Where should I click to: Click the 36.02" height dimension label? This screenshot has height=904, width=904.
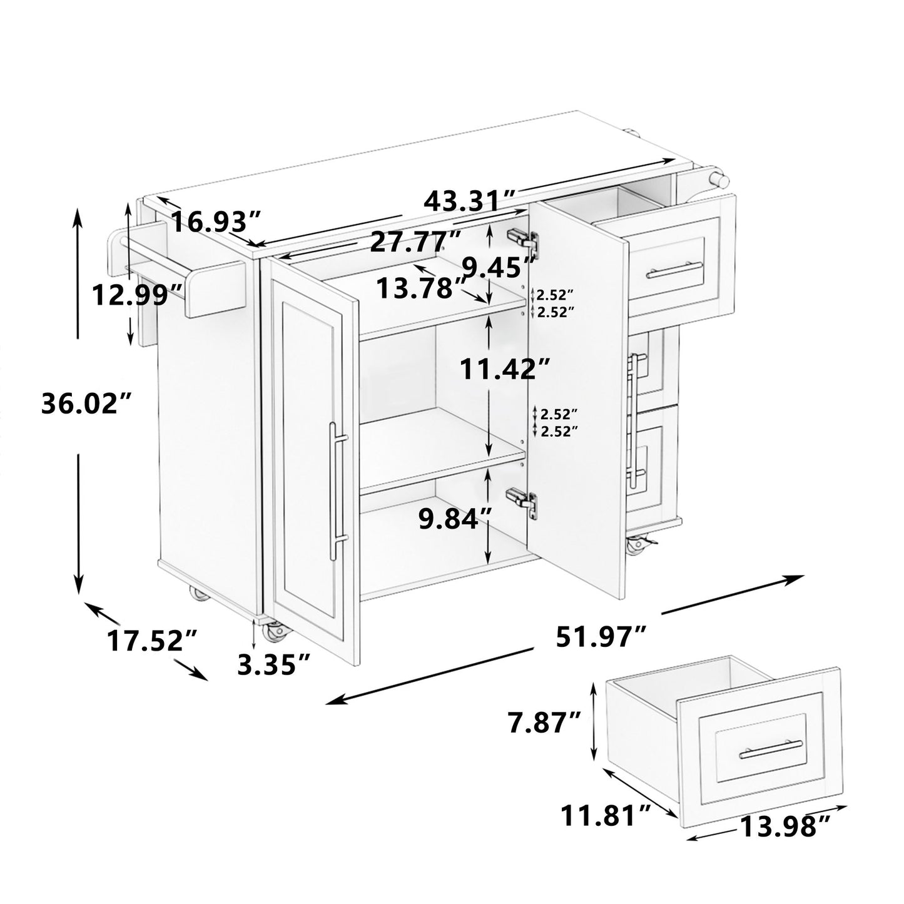click(88, 405)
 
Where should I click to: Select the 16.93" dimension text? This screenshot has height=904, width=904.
click(216, 222)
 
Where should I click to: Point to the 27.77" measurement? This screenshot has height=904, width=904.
click(415, 241)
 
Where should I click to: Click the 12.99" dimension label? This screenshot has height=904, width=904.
click(138, 293)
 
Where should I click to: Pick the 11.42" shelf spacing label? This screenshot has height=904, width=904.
click(505, 369)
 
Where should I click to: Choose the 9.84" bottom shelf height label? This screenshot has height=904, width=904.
click(454, 519)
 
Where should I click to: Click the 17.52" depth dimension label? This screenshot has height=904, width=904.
click(153, 641)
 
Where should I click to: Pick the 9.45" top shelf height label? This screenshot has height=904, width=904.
click(499, 268)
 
